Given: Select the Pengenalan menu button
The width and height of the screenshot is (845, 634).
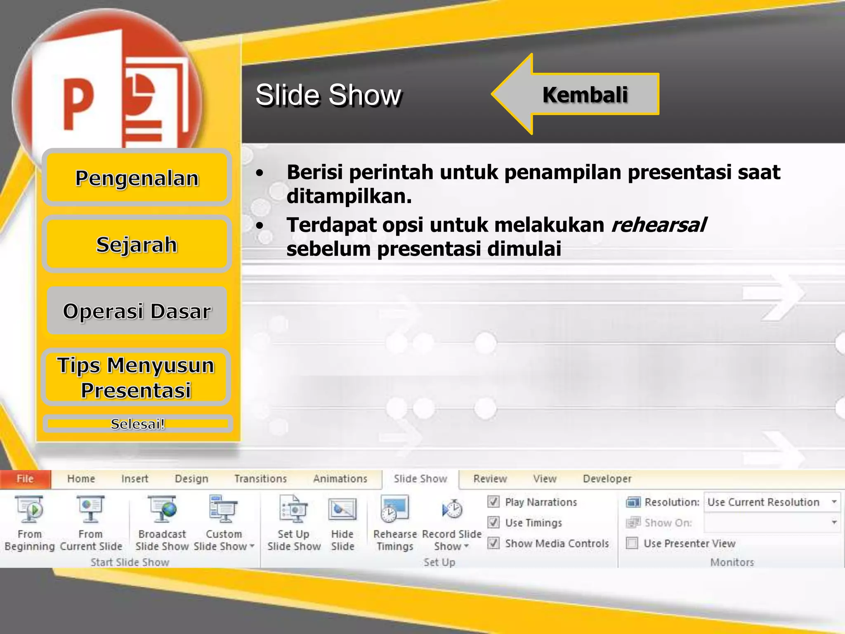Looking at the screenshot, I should [x=137, y=178].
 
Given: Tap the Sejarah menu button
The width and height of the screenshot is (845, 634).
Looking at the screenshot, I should [x=137, y=244].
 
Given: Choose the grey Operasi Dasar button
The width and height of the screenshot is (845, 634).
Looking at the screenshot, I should [x=137, y=311].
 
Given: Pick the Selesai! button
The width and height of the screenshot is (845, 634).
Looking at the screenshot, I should [x=137, y=424].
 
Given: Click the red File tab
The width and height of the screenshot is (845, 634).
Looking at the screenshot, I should [x=25, y=479].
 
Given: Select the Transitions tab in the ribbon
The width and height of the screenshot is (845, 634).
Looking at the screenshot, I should [x=260, y=479].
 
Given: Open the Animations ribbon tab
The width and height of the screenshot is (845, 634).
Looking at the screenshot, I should [x=340, y=479].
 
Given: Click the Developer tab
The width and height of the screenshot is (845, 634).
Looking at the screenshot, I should [x=607, y=479].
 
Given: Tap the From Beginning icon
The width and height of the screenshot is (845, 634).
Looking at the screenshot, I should [x=29, y=509].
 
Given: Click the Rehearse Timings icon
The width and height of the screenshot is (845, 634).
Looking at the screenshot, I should [x=394, y=509].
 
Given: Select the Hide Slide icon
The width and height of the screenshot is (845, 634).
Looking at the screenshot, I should [x=342, y=509].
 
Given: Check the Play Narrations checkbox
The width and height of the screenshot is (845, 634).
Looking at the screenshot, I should [x=493, y=502].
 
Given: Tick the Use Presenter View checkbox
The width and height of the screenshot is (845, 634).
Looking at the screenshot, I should [x=632, y=543].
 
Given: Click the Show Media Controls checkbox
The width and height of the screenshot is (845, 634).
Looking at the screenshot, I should [x=493, y=543].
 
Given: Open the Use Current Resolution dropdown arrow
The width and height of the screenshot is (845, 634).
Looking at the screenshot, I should [x=834, y=502].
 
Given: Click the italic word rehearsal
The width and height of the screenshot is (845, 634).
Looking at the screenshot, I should [x=659, y=225].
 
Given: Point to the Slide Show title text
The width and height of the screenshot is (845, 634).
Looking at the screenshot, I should [x=328, y=95].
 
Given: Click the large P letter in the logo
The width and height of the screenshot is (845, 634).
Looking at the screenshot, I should [x=78, y=103].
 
